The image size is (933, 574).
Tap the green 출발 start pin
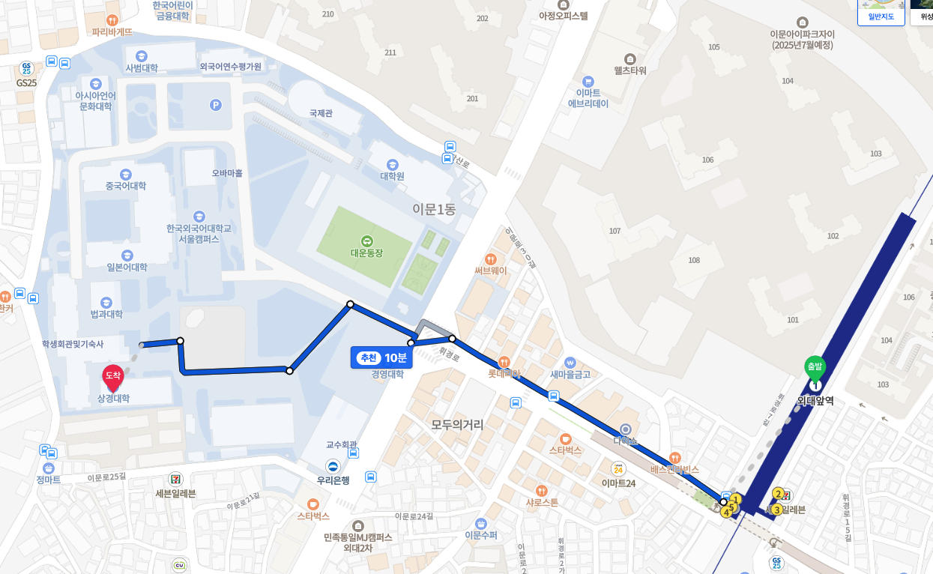point(814,368)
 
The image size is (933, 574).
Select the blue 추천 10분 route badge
point(381,357)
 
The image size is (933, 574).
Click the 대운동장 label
point(366,253)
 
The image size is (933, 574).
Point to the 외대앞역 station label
point(815,401)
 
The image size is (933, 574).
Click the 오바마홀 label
point(227,173)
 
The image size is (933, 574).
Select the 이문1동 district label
point(433,209)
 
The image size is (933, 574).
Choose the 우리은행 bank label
point(333,480)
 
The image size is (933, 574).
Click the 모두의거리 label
point(457,425)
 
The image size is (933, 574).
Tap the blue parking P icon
point(216,105)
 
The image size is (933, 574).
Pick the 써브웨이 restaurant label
point(490,271)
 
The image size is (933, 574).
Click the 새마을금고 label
point(570,375)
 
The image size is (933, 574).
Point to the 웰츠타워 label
point(629,70)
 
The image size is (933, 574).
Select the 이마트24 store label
point(618,483)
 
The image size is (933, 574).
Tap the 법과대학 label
point(107,314)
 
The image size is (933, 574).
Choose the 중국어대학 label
point(126,186)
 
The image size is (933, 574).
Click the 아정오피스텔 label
point(564,15)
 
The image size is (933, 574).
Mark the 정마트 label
point(48,480)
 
